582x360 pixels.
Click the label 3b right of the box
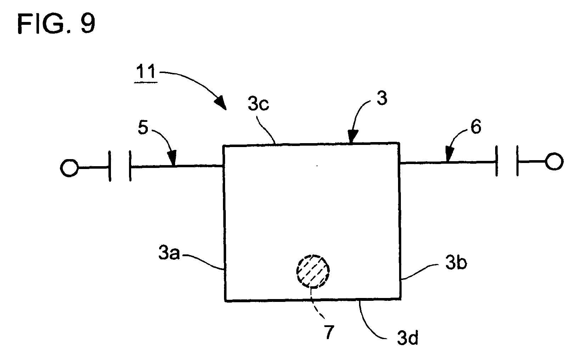click(x=456, y=263)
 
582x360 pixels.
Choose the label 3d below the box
click(x=408, y=337)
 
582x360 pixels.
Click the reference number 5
click(x=143, y=128)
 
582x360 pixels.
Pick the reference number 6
click(x=476, y=127)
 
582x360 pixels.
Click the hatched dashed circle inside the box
click(x=313, y=271)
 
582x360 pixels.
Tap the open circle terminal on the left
click(x=69, y=168)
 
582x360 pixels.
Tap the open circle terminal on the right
click(x=554, y=161)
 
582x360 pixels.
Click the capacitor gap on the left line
click(x=120, y=166)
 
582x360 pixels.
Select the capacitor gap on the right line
click(x=507, y=161)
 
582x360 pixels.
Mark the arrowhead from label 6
click(x=449, y=154)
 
